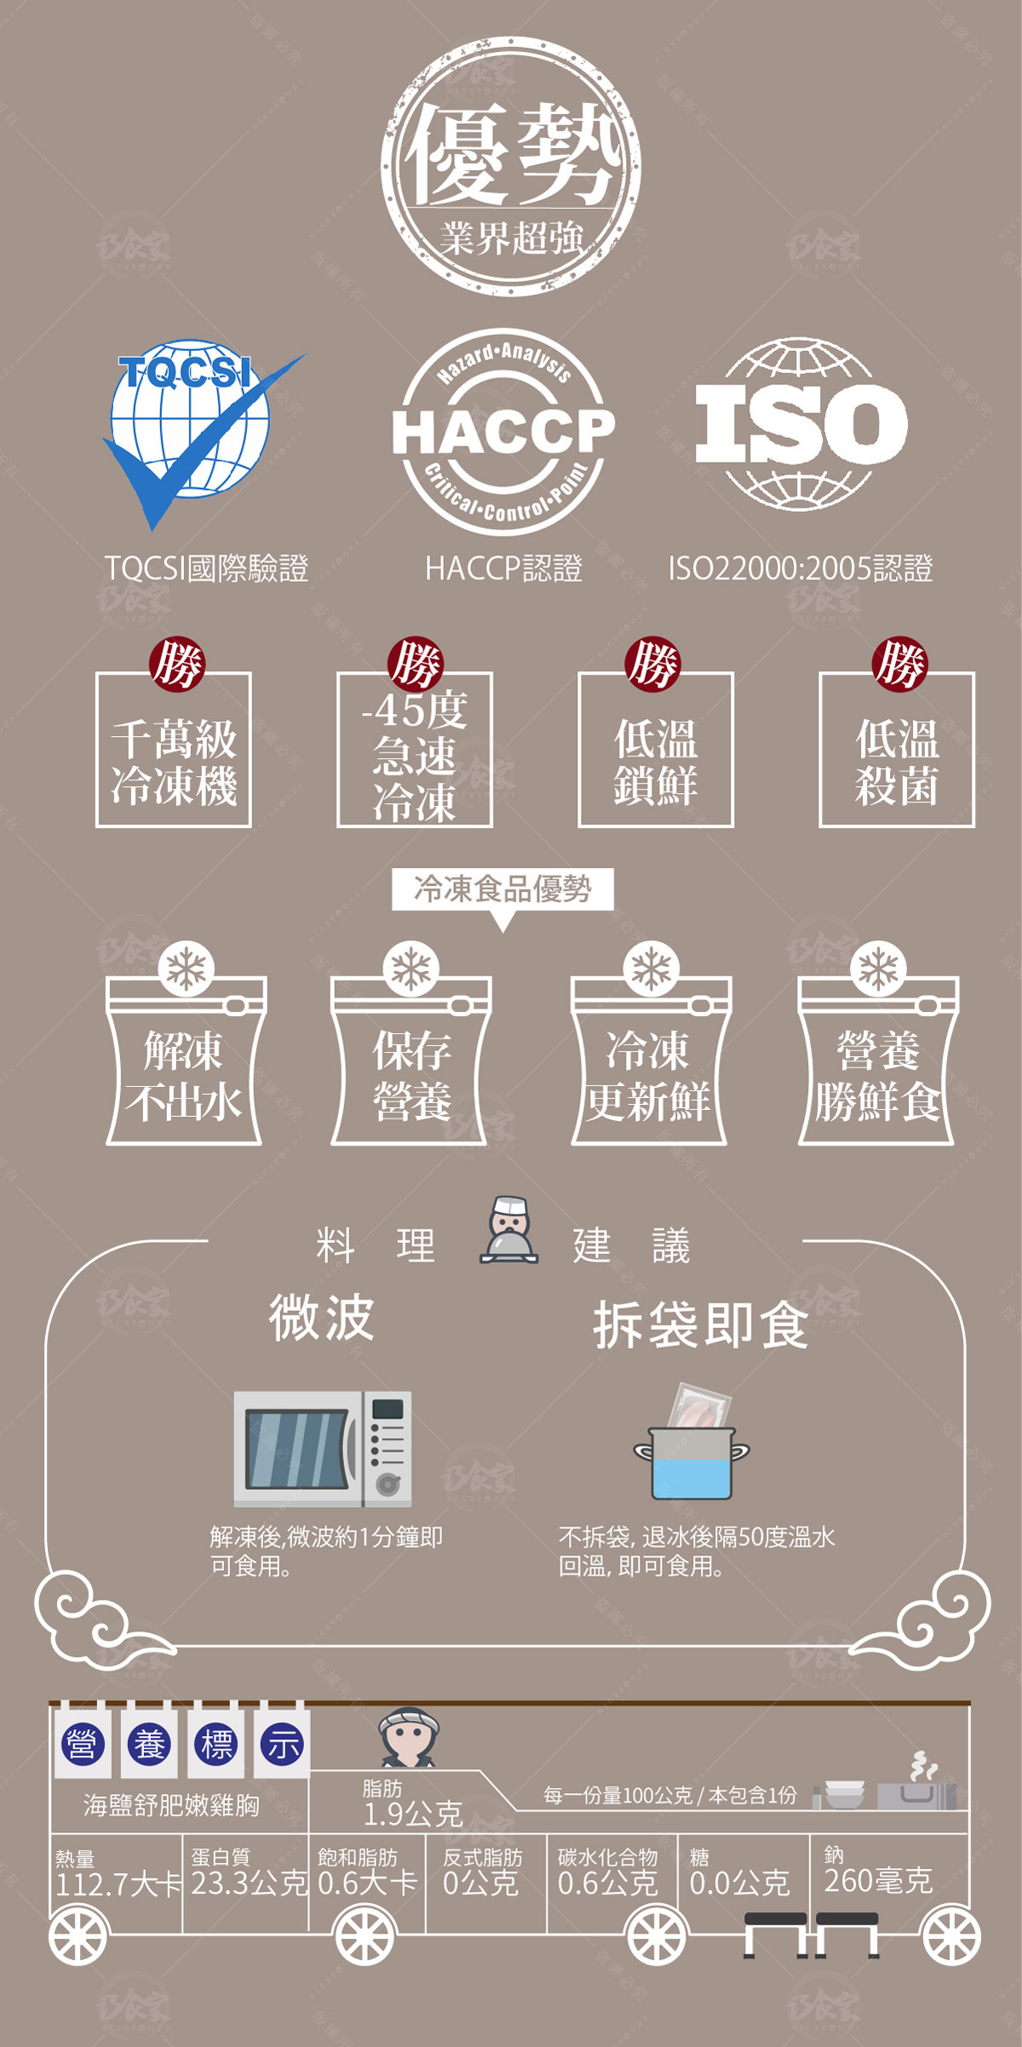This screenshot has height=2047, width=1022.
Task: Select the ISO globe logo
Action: pos(801,423)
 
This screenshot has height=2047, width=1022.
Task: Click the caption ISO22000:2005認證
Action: pos(801,568)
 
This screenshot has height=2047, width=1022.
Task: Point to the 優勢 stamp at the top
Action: pos(511,166)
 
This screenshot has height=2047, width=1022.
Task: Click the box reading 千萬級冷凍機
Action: pos(174,750)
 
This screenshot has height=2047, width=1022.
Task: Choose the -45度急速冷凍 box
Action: pos(415,750)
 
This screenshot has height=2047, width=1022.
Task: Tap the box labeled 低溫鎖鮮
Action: pos(656,750)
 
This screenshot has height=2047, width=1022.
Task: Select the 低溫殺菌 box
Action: pos(897,750)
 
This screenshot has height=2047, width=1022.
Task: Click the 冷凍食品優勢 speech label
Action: pos(502,889)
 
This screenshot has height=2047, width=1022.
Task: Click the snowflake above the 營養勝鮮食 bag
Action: pos(878,969)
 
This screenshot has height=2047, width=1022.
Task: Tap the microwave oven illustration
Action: pos(323,1448)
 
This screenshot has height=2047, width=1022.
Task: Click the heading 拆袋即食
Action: pos(700,1325)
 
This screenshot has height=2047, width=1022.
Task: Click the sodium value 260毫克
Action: pos(878,1880)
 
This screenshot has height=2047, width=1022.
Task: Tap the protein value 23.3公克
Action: pos(248,1882)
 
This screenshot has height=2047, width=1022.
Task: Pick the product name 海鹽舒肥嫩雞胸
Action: pos(171,1804)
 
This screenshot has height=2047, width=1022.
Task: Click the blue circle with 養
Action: pos(149,1745)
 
